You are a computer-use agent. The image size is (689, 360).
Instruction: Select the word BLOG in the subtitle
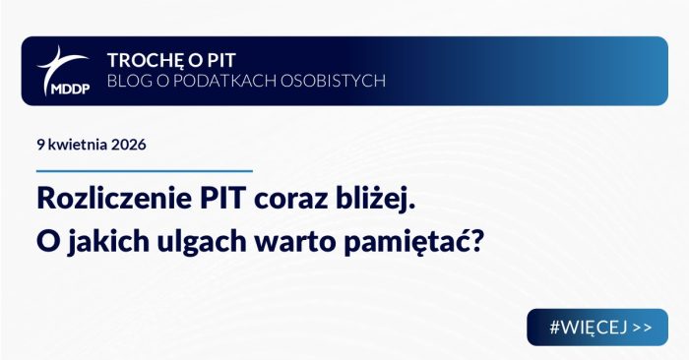click(130, 80)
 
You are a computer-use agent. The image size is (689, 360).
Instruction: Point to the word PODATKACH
click(229, 80)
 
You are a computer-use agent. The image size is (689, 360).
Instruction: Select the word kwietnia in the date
click(82, 145)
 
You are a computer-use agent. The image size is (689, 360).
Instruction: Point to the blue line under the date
click(145, 170)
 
